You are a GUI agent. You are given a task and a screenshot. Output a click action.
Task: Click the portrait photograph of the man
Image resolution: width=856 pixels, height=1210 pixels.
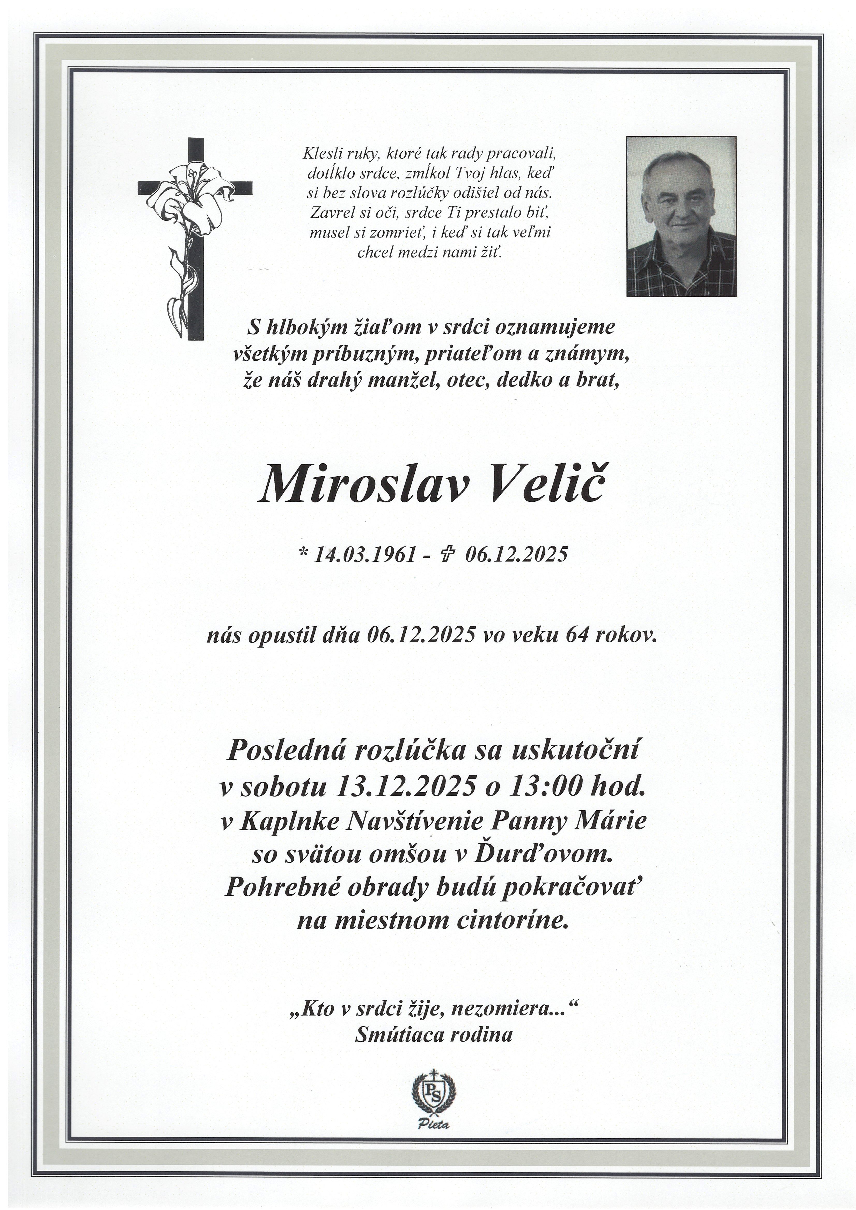pyautogui.click(x=680, y=216)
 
